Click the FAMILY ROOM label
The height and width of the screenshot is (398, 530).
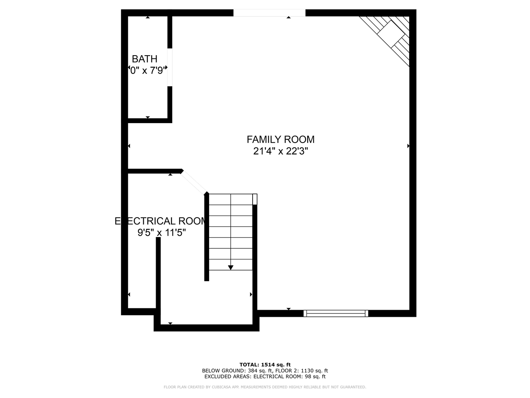[280, 139]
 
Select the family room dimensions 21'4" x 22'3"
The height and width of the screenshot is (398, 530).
[280, 151]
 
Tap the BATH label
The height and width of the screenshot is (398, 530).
[145, 59]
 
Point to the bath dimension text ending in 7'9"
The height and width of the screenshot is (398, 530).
[148, 70]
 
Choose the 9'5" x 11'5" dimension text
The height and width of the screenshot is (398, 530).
[161, 233]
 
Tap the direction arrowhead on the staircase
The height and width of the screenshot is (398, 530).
[231, 267]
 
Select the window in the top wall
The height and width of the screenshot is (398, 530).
[269, 13]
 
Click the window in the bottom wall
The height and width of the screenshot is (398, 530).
[336, 313]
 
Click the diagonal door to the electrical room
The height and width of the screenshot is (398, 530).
[194, 182]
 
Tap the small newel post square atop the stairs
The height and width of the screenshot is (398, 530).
[255, 199]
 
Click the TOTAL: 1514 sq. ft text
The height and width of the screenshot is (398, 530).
[265, 364]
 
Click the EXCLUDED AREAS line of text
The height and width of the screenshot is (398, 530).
[265, 376]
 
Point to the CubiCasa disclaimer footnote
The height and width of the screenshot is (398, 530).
[265, 387]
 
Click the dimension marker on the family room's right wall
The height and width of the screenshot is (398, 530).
[408, 146]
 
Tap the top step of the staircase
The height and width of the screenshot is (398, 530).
[231, 199]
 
